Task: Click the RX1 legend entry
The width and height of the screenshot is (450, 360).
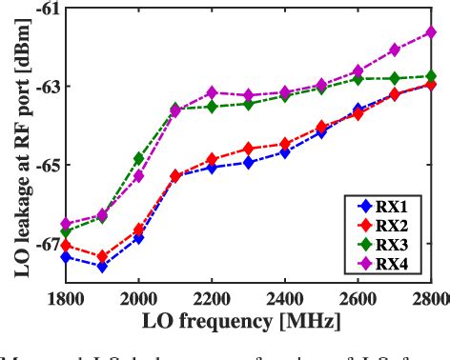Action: tap(385, 206)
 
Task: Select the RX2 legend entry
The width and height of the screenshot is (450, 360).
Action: tap(385, 226)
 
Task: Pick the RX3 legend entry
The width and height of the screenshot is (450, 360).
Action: tap(385, 245)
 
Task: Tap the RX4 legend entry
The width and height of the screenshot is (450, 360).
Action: tap(385, 264)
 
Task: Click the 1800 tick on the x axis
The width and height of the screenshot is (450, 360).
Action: tap(66, 298)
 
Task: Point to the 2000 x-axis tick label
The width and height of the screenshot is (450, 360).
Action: tap(138, 298)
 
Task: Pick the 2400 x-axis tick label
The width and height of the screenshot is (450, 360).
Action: tap(285, 298)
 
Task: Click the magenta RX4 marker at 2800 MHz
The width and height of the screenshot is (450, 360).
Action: tap(431, 32)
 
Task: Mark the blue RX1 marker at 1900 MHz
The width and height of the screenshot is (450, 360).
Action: tap(102, 267)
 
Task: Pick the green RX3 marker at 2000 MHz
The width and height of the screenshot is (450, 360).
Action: tap(138, 158)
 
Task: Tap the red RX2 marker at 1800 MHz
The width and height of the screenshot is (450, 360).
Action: tap(66, 246)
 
